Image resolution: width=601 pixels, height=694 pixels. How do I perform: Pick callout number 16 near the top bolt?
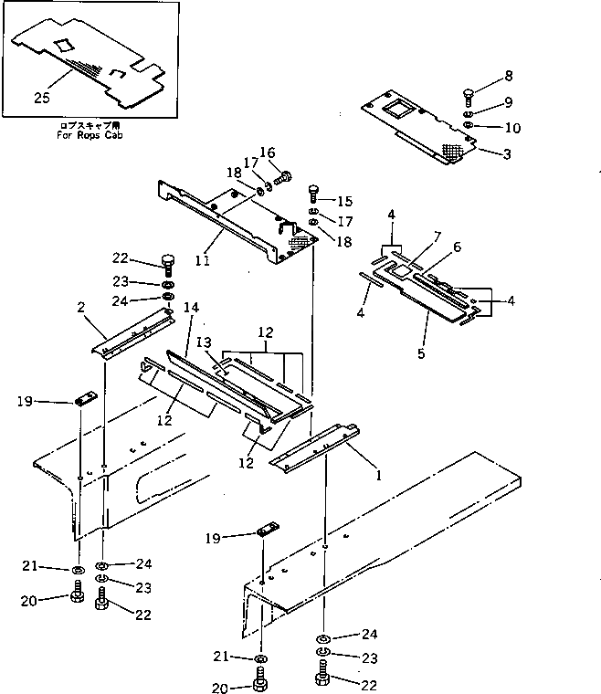268,152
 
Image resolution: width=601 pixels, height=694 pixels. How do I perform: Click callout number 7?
438,237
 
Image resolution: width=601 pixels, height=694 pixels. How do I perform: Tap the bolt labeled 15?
315,191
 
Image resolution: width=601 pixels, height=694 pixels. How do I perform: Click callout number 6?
457,247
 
